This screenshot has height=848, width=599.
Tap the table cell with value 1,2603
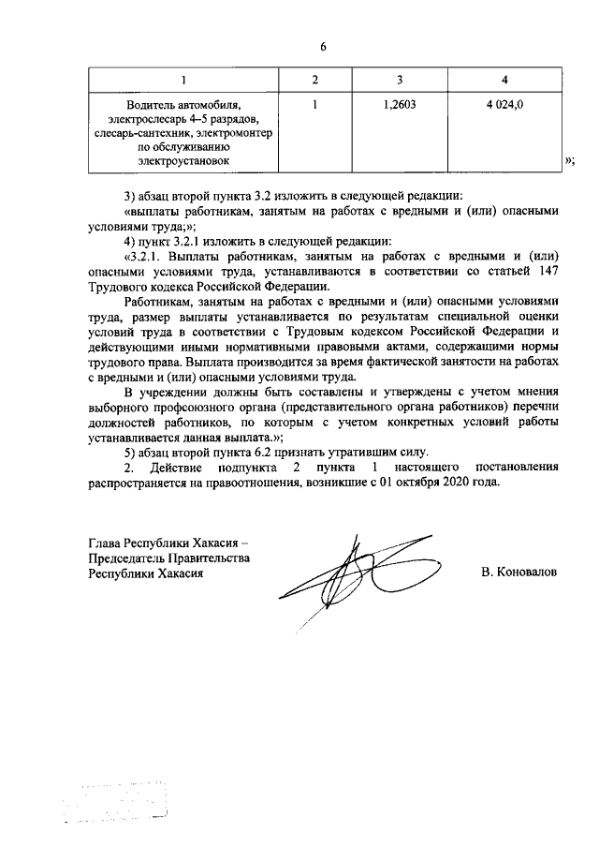coord(400,106)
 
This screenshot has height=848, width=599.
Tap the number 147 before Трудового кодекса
coord(549,271)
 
